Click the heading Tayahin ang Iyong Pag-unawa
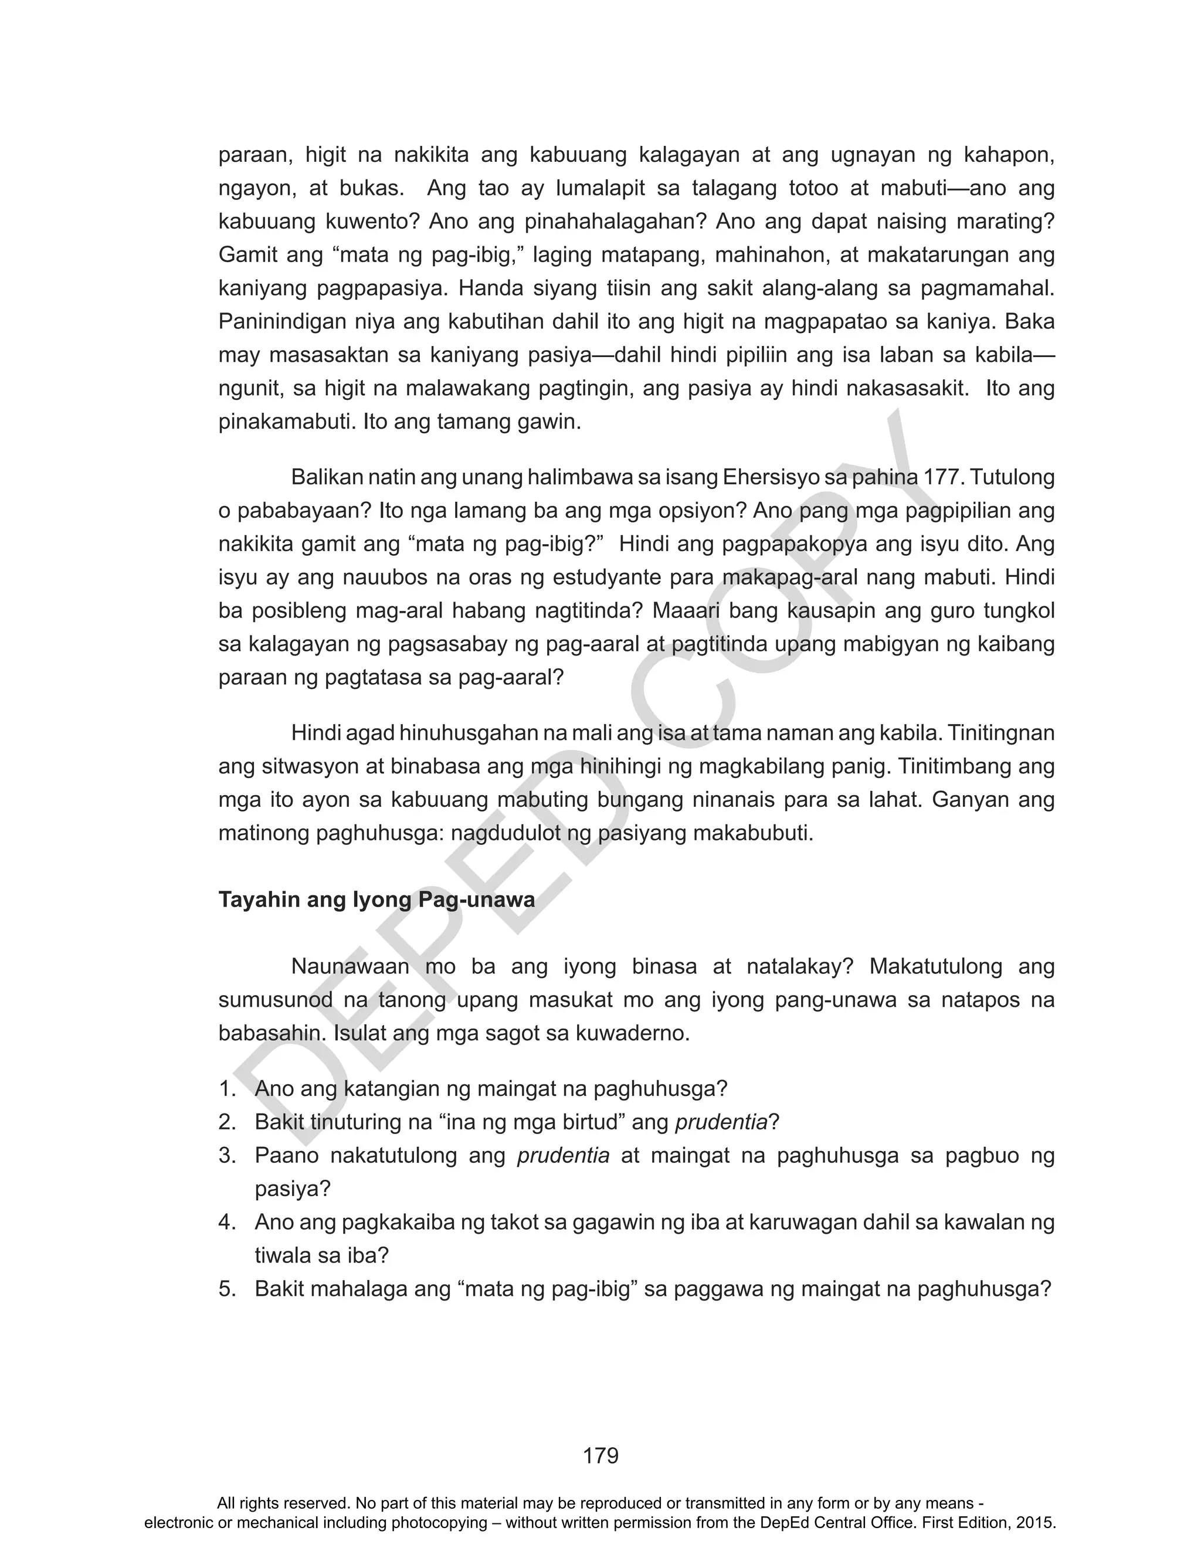pyautogui.click(x=376, y=899)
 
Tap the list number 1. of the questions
pyautogui.click(x=228, y=1089)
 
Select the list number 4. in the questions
pyautogui.click(x=228, y=1223)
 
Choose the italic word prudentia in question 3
pyautogui.click(x=564, y=1156)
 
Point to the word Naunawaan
pyautogui.click(x=350, y=967)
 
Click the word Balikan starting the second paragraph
pyautogui.click(x=327, y=477)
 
